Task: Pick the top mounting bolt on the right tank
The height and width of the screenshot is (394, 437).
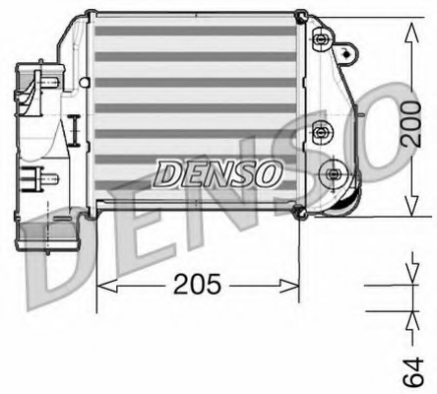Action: [x=320, y=39]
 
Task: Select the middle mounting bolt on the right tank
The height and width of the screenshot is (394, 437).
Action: [x=320, y=130]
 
